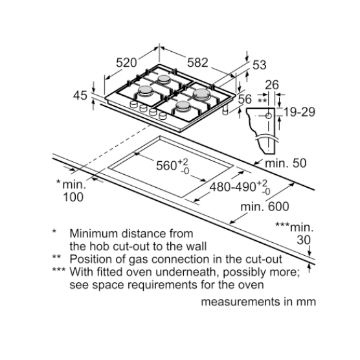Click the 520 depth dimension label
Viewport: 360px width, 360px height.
coord(126,62)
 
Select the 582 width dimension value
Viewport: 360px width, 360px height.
coord(197,62)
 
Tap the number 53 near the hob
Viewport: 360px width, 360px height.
coord(259,65)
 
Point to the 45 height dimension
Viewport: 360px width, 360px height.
coord(80,95)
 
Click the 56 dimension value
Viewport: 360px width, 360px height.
coord(245,99)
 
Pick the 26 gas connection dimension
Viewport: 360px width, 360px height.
coord(272,85)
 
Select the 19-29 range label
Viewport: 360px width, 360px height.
coord(299,112)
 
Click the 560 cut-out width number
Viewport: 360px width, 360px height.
coord(166,166)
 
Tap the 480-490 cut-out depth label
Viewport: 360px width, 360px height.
coord(232,187)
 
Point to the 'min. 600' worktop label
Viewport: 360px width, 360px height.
coord(264,207)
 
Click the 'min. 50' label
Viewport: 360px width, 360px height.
coord(286,163)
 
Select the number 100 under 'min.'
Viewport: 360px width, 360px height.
coord(73,197)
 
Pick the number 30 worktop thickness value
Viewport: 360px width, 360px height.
coord(304,240)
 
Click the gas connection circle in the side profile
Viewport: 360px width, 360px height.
coord(269,116)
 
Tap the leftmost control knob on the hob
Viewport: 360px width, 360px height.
coord(133,104)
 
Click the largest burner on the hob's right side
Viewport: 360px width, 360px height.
coord(201,94)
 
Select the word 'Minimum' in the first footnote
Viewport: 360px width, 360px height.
coord(93,234)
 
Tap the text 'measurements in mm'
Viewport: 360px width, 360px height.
coord(258,302)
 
